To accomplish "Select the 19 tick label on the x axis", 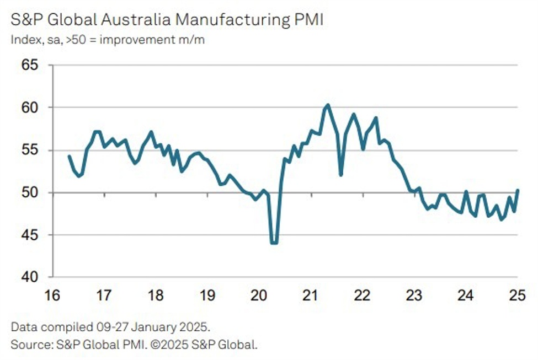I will pos(207,295).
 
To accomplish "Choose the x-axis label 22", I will pos(361,295).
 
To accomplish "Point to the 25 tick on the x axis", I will pos(516,295).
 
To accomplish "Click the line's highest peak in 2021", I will pos(328,105).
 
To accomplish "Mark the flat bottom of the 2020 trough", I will pos(274,243).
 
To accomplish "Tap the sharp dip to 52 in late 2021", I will pos(341,175).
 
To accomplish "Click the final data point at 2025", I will pos(518,190).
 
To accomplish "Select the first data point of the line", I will pos(69,156).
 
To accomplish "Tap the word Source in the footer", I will pos(28,345).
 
